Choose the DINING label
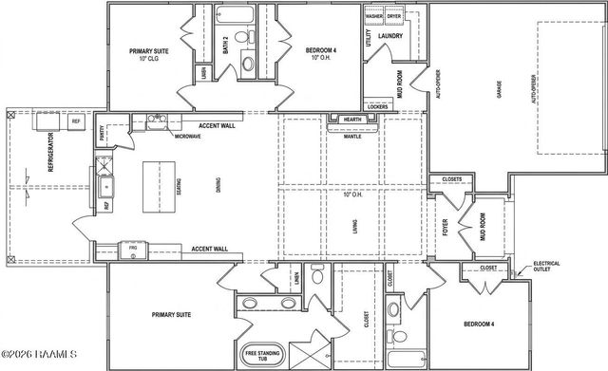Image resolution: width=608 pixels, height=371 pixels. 218,187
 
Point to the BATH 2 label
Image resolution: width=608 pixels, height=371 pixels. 226,45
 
